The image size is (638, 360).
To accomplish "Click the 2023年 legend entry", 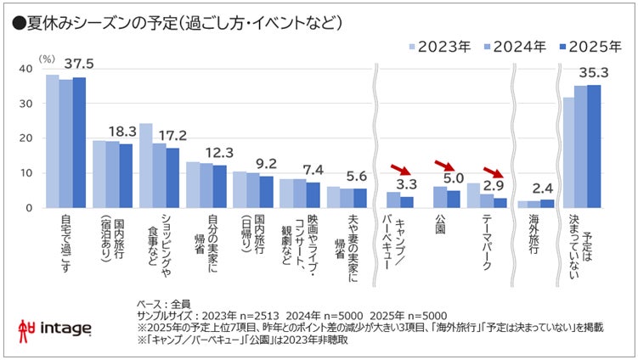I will click(x=437, y=48).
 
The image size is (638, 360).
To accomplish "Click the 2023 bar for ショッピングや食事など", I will click(x=145, y=166).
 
